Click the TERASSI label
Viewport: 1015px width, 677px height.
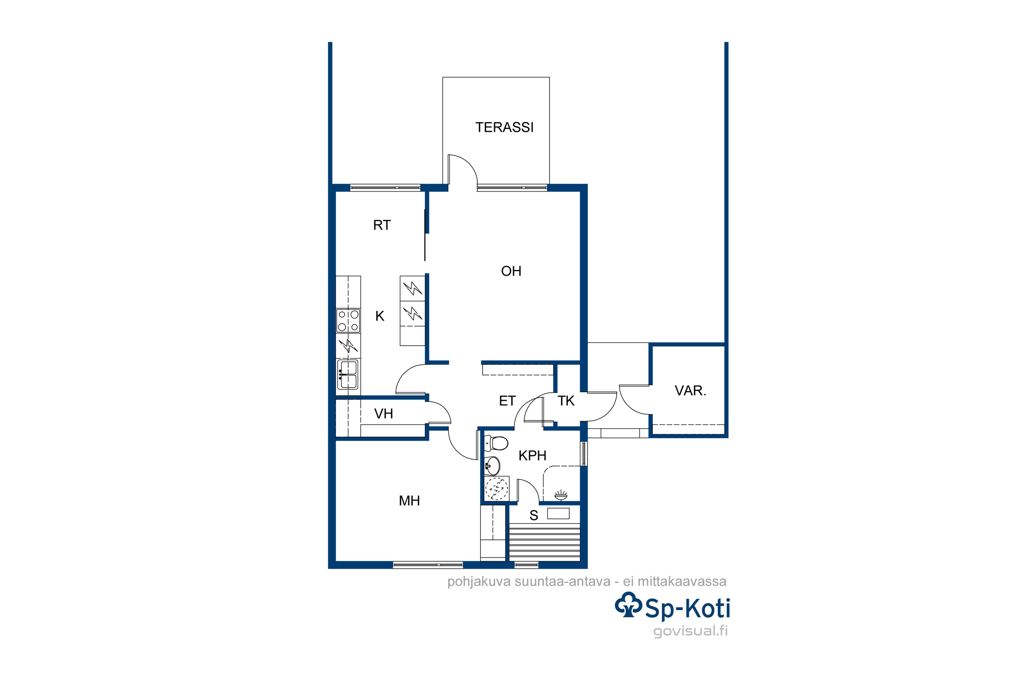coord(504,127)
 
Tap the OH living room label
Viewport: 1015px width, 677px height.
coord(511,271)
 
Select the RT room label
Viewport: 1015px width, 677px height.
coord(382,225)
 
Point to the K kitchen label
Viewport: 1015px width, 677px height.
coord(380,316)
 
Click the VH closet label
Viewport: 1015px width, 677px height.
coord(384,414)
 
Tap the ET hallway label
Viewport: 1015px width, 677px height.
coord(507,401)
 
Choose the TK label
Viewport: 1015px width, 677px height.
coord(566,401)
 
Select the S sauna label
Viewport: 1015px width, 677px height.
coord(534,515)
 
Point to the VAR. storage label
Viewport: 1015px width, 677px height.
coord(691,390)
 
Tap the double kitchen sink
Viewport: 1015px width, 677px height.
coord(348,375)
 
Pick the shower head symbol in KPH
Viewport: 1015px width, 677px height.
coord(561,495)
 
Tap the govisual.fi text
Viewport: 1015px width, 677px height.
coord(691,631)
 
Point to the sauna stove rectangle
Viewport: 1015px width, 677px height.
coord(559,514)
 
